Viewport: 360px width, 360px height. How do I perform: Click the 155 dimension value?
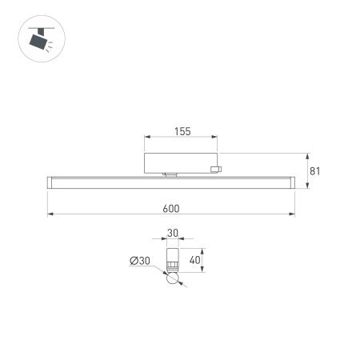182,132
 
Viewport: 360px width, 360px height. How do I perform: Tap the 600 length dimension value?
170,209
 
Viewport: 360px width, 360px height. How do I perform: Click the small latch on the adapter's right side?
214,168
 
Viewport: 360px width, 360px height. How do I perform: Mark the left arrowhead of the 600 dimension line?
49,214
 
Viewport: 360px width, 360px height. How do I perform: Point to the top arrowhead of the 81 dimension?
308,154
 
